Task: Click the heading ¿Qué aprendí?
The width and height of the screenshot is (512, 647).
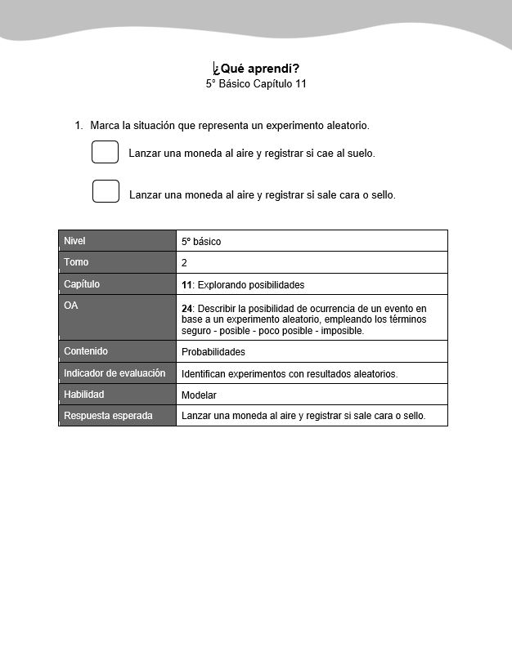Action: coord(255,69)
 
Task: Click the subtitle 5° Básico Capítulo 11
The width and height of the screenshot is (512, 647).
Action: coord(256,83)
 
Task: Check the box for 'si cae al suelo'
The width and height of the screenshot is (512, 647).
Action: coord(106,152)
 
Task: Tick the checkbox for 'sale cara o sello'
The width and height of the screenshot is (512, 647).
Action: coord(106,191)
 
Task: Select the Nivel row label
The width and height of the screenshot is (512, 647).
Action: coord(74,241)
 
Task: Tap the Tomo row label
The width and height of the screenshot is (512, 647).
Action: coord(76,262)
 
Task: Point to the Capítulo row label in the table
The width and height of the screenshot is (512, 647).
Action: coord(82,284)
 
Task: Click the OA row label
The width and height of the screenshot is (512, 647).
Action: coord(71,306)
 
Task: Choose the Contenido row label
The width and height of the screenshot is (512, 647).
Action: coord(86,351)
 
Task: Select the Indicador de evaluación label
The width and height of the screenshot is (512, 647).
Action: coord(115,373)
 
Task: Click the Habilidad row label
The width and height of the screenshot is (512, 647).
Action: coord(84,395)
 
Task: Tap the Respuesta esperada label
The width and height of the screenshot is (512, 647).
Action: coord(108,416)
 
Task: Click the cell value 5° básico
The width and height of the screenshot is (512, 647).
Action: coord(201,242)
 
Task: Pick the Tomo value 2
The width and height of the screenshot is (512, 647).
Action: coord(184,263)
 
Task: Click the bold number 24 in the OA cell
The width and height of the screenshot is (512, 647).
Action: coord(186,308)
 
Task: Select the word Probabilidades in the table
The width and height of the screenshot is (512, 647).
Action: coord(213,352)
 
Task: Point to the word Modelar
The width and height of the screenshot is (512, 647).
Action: coord(199,395)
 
